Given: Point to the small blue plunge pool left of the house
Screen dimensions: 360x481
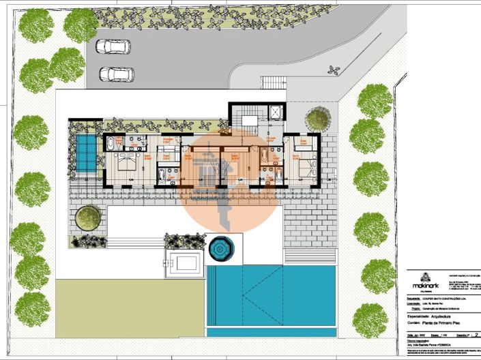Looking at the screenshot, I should pyautogui.click(x=86, y=153).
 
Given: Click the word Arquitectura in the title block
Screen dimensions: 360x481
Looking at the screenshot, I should pyautogui.click(x=442, y=316).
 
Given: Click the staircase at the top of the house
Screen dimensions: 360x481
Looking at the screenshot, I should pyautogui.click(x=244, y=117).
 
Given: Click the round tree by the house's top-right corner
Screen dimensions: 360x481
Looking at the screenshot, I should pyautogui.click(x=317, y=120).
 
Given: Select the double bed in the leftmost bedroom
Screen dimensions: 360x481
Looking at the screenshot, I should pyautogui.click(x=126, y=162).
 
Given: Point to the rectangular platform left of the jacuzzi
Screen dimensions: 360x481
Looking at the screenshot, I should pyautogui.click(x=184, y=261).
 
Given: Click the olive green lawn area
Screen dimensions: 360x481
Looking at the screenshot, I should pyautogui.click(x=130, y=307).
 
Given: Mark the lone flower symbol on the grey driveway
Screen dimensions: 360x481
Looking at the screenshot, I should pyautogui.click(x=334, y=70).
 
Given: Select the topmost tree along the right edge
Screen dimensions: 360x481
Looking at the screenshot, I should pyautogui.click(x=375, y=101).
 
